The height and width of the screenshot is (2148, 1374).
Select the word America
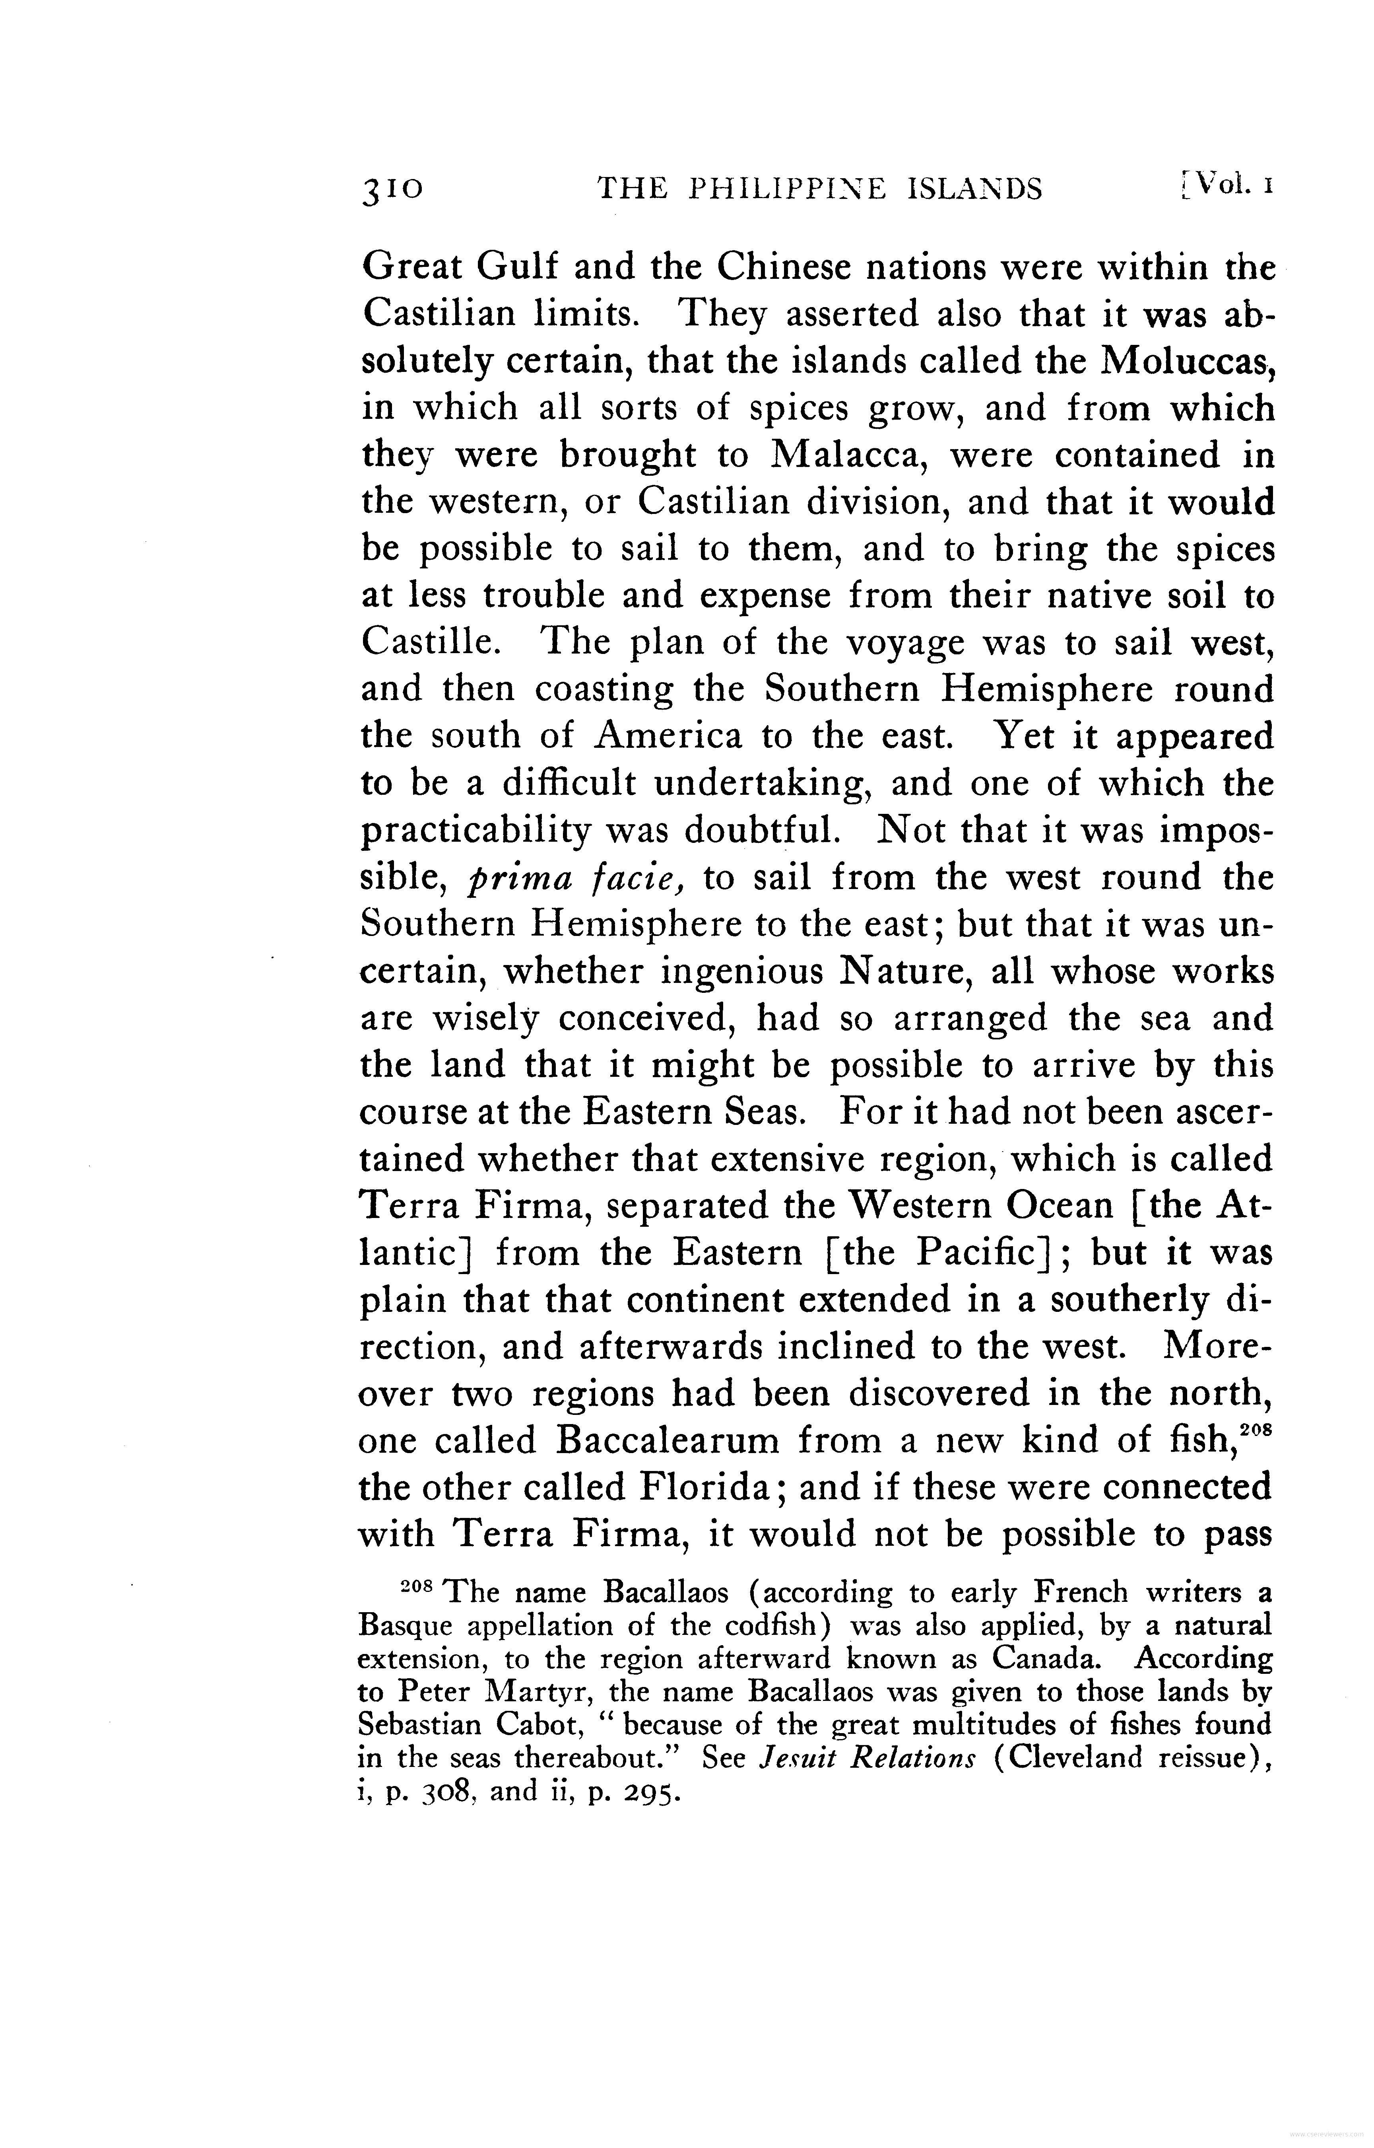coord(668,736)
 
